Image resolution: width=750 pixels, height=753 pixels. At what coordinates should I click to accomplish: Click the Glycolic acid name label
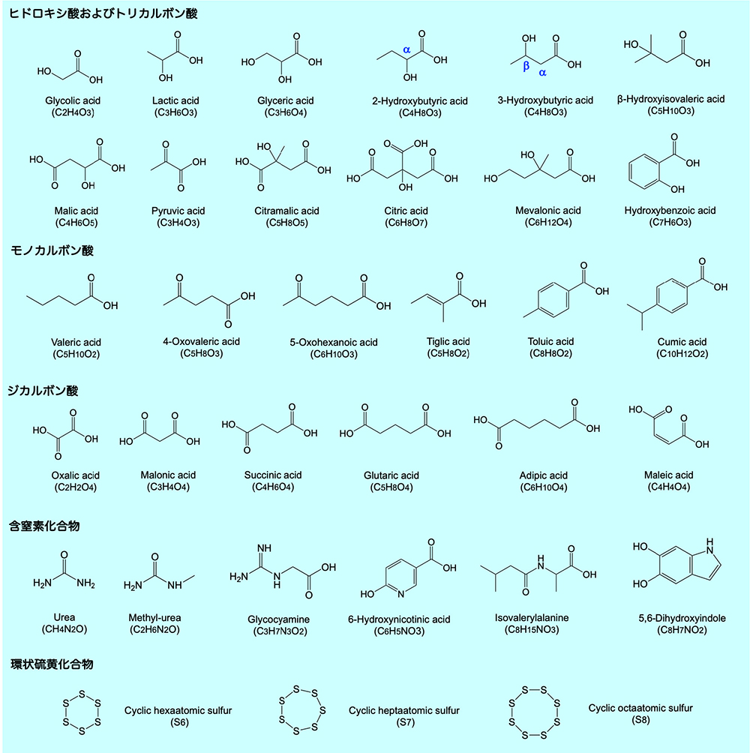click(72, 100)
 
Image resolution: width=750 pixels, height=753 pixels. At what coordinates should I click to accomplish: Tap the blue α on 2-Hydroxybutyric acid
click(406, 49)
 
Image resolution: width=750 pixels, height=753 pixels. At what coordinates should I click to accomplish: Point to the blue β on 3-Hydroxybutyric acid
click(526, 66)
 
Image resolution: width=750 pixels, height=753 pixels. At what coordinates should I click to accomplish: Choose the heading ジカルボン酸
click(43, 391)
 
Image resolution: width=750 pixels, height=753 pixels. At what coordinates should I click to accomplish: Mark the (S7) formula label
click(404, 722)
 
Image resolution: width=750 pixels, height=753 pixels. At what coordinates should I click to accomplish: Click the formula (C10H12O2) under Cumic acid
click(682, 353)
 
